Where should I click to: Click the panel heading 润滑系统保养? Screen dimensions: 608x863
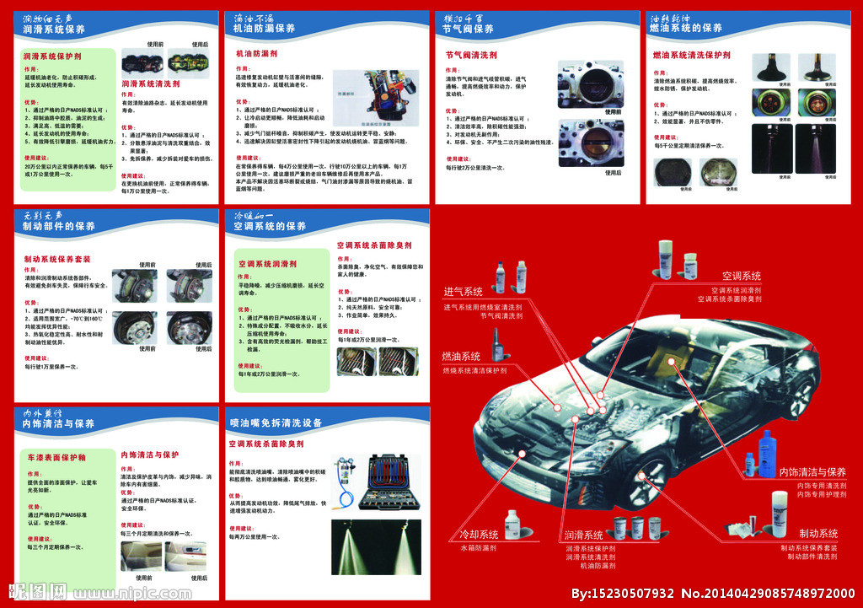[54, 29]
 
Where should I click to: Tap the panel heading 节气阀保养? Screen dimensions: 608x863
[469, 29]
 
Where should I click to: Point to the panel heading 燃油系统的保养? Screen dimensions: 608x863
[685, 29]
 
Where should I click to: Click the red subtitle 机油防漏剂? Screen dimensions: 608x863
[257, 54]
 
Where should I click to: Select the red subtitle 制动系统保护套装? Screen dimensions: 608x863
[57, 259]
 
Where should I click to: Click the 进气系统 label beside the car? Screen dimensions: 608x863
[464, 292]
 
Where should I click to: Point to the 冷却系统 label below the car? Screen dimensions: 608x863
[478, 535]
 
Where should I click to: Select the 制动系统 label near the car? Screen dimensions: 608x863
[817, 534]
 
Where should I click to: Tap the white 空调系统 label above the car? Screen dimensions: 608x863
[741, 276]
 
